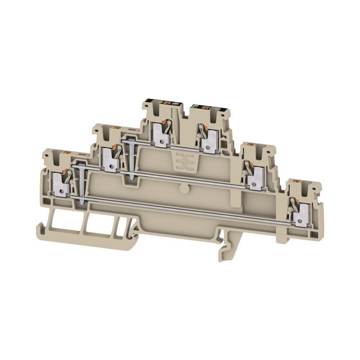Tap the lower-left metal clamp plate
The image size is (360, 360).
coord(60,184)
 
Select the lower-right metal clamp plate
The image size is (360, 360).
coord(298,217)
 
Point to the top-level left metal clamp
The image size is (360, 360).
coord(159,134)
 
